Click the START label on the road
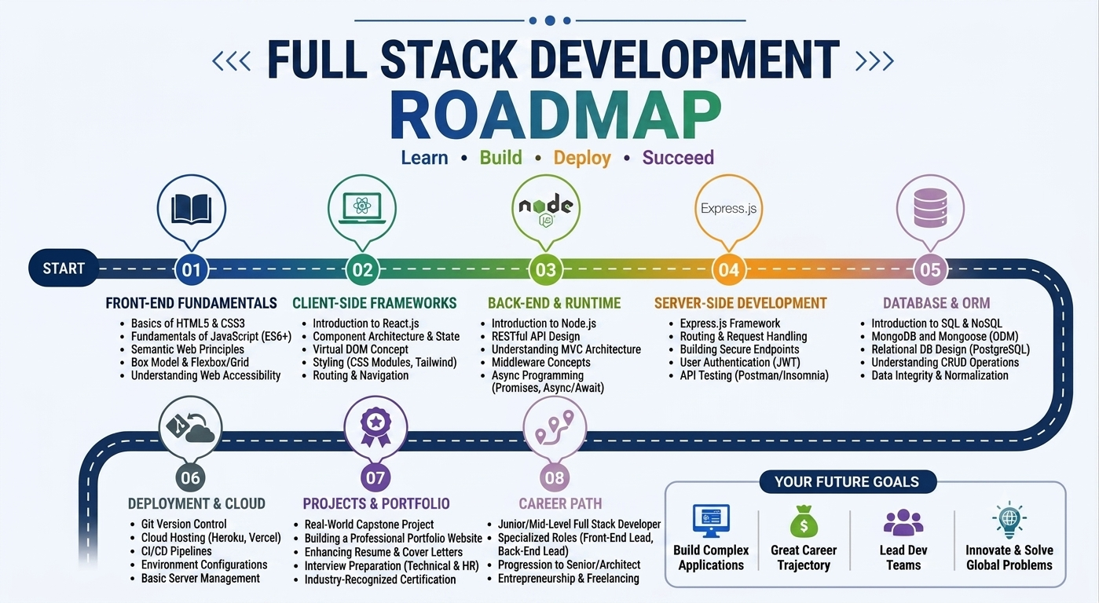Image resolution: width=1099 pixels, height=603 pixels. point(64,269)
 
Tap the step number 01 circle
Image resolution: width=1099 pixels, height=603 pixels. point(192,269)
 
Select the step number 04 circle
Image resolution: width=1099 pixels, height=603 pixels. point(728,269)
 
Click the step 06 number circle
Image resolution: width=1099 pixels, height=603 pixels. point(190,477)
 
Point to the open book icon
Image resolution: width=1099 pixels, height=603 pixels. point(192,209)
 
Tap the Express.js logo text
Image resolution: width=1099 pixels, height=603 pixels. point(728,208)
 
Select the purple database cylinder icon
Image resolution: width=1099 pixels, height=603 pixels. point(930,208)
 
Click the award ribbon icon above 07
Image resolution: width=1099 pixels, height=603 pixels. point(375,427)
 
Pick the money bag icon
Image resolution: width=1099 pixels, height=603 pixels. point(804,521)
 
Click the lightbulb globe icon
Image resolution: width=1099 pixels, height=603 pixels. point(1009,520)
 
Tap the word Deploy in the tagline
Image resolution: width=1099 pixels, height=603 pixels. point(582,158)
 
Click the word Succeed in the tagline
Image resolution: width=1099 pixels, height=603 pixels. point(678,157)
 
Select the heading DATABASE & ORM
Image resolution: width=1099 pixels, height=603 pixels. point(936,303)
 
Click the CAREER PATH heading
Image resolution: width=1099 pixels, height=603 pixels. point(560,503)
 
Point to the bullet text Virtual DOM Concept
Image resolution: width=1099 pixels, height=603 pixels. point(361,349)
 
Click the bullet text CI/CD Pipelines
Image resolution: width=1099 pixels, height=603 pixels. point(176,551)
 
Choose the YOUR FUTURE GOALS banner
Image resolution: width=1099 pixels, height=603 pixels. point(848,482)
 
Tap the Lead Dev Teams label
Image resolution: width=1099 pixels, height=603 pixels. point(903,557)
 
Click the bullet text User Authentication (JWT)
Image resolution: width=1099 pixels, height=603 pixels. point(740,362)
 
